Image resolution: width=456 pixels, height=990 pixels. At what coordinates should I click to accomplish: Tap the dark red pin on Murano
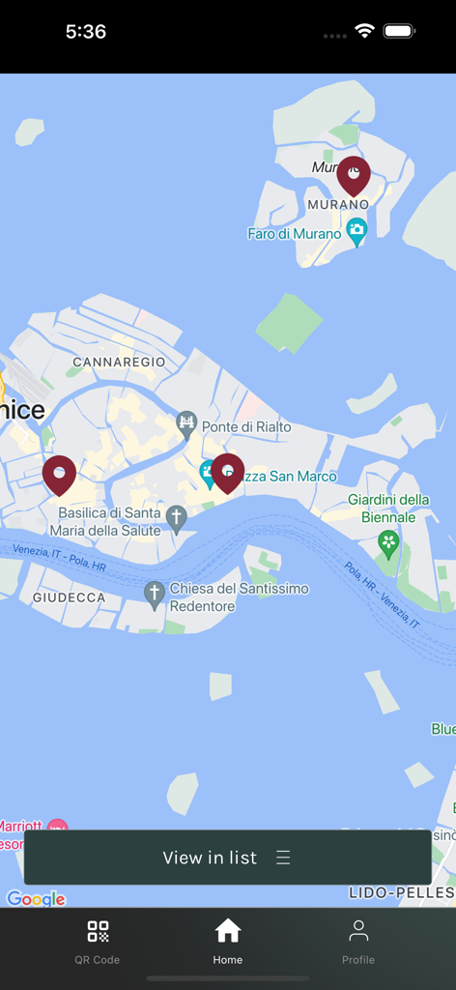[x=354, y=175]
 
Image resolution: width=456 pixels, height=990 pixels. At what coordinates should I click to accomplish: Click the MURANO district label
[x=338, y=205]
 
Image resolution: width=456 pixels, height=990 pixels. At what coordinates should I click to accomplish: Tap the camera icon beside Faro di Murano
[x=356, y=231]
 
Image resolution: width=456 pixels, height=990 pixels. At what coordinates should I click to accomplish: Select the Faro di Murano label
[x=295, y=234]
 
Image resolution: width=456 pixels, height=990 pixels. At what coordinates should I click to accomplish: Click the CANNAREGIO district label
[x=119, y=362]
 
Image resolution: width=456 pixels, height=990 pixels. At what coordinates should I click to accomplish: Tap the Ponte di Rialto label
[x=246, y=427]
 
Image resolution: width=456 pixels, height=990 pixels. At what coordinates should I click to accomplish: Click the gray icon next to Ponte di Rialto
[x=186, y=423]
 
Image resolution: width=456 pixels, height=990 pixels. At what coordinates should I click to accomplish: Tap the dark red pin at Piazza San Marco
[x=228, y=472]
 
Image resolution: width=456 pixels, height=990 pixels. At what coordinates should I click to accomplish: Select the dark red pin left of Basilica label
[x=59, y=475]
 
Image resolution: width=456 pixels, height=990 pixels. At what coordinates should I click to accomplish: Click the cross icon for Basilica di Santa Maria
[x=176, y=517]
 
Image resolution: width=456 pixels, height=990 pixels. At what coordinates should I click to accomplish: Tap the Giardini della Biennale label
[x=388, y=509]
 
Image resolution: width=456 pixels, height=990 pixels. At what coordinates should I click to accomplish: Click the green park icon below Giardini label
[x=388, y=542]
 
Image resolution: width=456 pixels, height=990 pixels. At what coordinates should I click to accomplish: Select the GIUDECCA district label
[x=69, y=597]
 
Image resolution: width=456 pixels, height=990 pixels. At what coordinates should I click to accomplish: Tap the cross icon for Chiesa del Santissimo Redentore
[x=154, y=594]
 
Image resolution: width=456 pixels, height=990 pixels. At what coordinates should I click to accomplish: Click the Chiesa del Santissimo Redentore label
[x=240, y=597]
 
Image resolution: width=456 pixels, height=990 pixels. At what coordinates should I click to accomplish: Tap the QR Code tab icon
[x=98, y=932]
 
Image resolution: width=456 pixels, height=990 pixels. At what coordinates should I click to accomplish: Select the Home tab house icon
[x=228, y=931]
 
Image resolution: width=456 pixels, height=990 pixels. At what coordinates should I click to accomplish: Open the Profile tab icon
[x=358, y=931]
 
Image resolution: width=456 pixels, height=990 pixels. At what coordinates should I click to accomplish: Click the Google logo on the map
[x=37, y=899]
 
